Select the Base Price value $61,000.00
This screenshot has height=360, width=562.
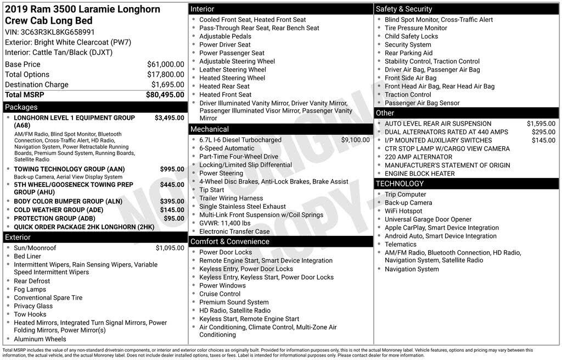point(165,64)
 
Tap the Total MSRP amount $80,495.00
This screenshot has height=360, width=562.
point(165,95)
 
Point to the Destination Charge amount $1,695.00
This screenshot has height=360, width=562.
point(167,85)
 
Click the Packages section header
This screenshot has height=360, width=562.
point(21,107)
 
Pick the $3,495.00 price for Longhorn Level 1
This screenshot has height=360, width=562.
point(169,118)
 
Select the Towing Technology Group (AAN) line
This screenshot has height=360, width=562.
point(69,169)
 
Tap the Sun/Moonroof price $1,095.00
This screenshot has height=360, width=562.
point(170,248)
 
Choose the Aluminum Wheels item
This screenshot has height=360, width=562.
point(40,339)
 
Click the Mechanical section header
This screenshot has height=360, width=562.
point(209,129)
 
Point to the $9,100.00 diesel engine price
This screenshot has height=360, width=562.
point(355,140)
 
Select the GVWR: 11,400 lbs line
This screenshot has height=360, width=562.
point(224,223)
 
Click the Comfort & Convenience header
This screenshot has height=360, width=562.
point(229,242)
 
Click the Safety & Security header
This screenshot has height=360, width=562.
point(404,9)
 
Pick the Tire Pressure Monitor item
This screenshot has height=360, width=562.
point(415,28)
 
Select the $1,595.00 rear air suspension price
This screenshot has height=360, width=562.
point(541,124)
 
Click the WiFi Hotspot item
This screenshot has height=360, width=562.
point(403,211)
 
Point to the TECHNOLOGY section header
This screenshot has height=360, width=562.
point(400,184)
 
